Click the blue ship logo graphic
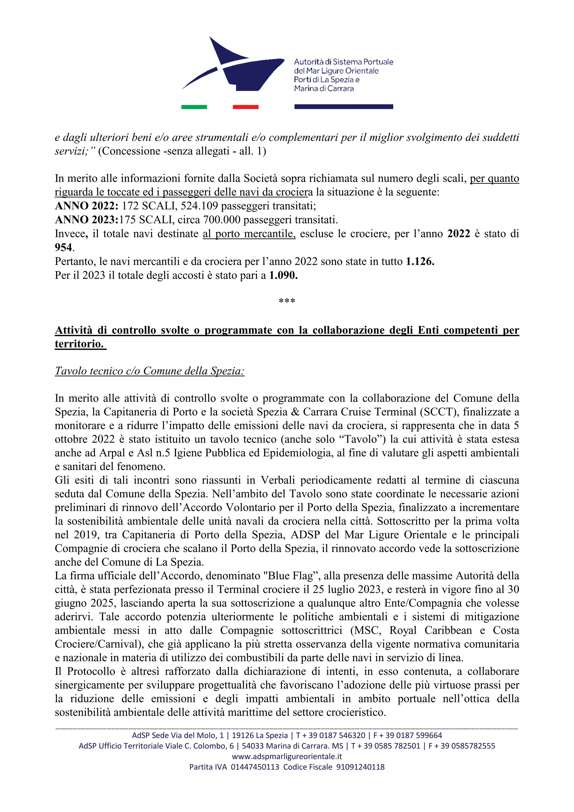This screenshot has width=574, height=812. [233, 66]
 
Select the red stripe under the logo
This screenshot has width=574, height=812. [246, 107]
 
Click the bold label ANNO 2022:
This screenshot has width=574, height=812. [87, 206]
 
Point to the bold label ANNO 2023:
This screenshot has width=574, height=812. [87, 220]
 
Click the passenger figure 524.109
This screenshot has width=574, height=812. [199, 206]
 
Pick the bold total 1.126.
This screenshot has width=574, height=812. [420, 261]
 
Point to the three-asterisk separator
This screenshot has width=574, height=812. [287, 301]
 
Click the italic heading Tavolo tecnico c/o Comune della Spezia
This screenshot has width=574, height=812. [150, 371]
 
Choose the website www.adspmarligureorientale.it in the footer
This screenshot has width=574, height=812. [287, 757]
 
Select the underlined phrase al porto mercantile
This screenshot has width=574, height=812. [249, 234]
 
